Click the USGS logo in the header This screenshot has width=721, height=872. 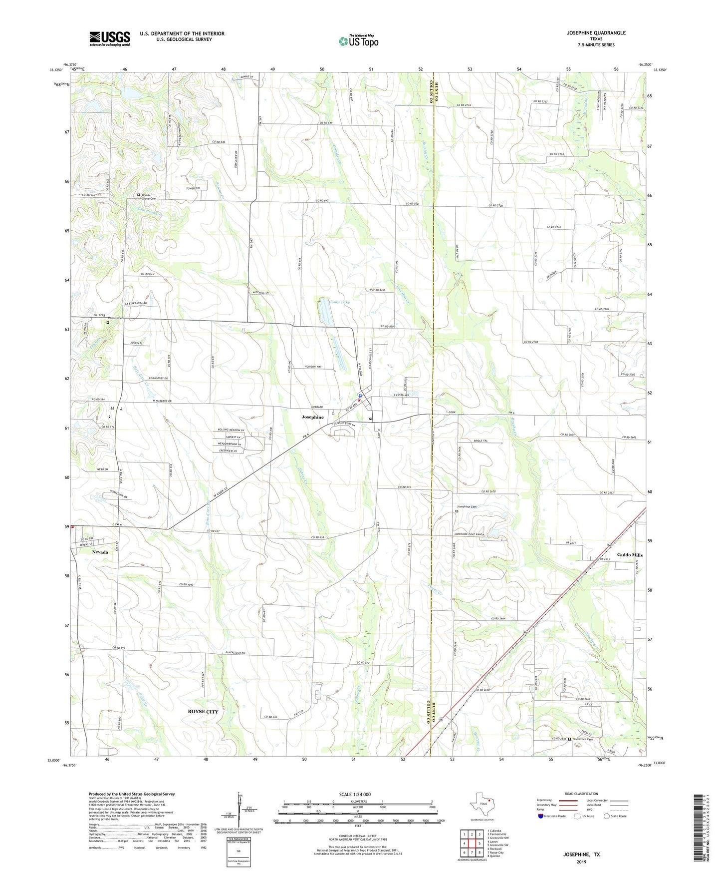click(110, 38)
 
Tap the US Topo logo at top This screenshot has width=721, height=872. click(358, 41)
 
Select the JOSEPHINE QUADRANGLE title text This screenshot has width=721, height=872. click(596, 33)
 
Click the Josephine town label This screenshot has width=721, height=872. click(312, 417)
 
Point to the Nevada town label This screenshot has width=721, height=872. click(100, 552)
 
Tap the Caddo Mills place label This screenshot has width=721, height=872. click(630, 555)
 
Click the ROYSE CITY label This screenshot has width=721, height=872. click(203, 711)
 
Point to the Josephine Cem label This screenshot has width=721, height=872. click(467, 507)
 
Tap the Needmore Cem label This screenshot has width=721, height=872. click(582, 739)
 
